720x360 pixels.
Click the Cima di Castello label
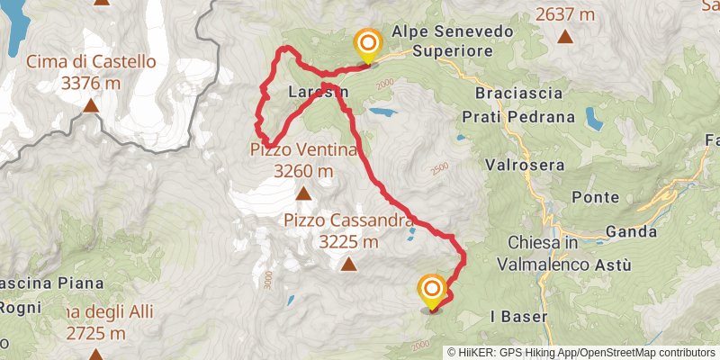click(91, 62)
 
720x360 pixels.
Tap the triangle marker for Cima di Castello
click(91, 106)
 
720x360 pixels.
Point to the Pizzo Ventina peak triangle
click(303, 193)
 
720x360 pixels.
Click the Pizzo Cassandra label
click(349, 220)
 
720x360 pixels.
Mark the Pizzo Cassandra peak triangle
click(349, 264)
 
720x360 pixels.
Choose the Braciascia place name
click(520, 94)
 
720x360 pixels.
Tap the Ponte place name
click(600, 197)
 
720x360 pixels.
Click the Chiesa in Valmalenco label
click(548, 254)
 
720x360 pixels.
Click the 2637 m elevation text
click(565, 13)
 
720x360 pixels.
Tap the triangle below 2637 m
click(565, 37)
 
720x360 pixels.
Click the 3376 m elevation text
click(91, 84)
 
